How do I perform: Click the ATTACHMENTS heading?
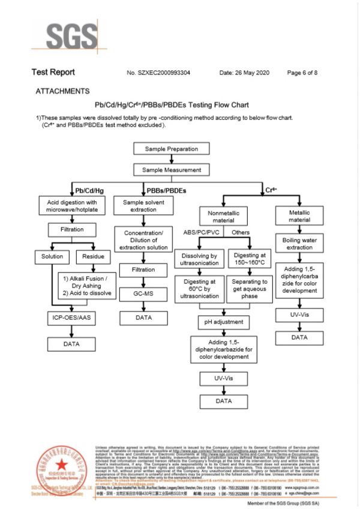click(x=62, y=91)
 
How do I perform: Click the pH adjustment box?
click(x=223, y=322)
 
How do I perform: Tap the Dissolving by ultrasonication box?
click(x=199, y=260)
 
